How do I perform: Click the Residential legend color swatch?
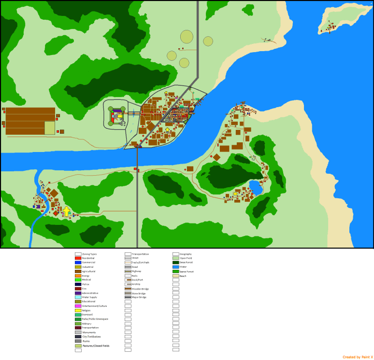[78, 258]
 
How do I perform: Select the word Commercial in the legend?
[88, 263]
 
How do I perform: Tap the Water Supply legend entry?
[89, 297]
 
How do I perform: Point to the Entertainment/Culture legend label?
[94, 306]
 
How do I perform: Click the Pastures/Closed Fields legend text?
[96, 346]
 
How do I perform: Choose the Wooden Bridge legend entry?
[140, 289]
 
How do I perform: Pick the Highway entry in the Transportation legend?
[136, 271]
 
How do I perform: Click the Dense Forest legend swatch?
[176, 263]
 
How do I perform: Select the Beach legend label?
[183, 276]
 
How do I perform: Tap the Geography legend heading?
[186, 254]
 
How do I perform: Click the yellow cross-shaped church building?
[66, 211]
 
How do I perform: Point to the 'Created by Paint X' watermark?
[358, 357]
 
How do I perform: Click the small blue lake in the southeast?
[256, 187]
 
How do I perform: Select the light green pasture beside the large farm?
[50, 128]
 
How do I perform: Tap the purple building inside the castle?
[117, 111]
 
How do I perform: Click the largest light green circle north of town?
[187, 37]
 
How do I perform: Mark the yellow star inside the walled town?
[168, 129]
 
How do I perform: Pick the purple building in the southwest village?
[38, 207]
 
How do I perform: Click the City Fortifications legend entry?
[92, 337]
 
